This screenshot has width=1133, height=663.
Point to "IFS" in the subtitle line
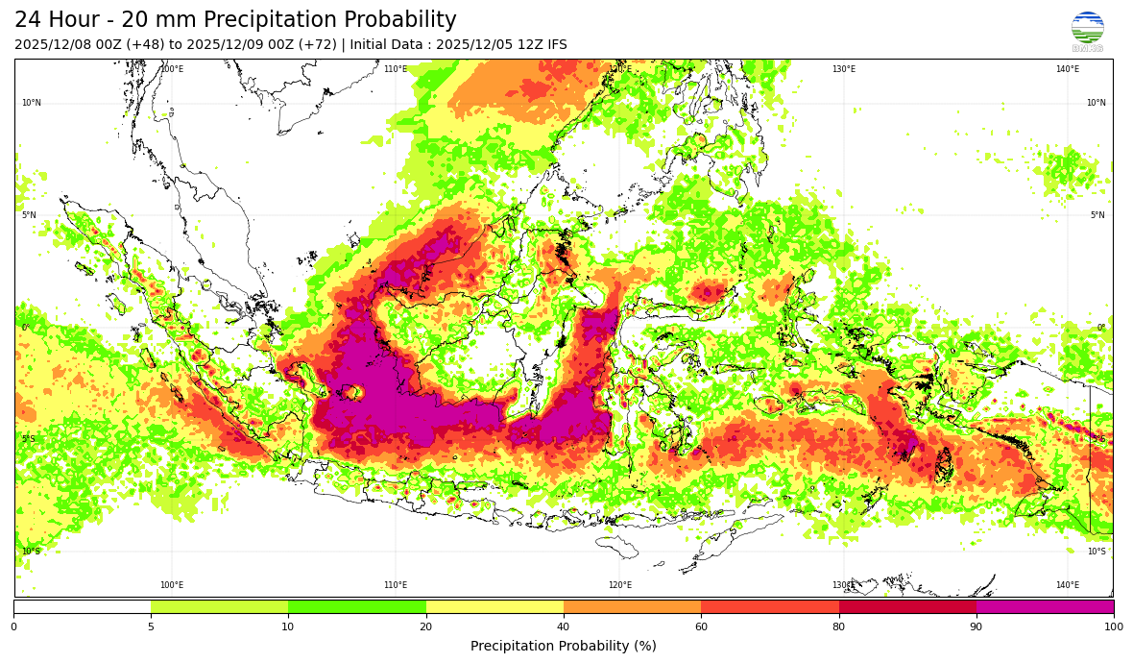555,45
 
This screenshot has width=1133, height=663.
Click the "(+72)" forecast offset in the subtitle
316,45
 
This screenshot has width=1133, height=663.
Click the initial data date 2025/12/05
472,45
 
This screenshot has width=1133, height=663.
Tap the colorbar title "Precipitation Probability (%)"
564,646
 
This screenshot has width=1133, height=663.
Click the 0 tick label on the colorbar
13,626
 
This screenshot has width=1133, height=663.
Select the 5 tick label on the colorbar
151,626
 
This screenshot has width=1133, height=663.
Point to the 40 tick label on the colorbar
564,626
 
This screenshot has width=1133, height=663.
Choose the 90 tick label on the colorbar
976,626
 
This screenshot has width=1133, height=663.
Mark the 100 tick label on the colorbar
1113,626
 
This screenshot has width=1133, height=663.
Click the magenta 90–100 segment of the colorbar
1045,606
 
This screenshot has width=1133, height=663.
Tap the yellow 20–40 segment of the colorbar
494,606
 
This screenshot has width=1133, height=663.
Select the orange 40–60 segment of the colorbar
632,606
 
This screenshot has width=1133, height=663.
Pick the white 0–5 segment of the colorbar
83,606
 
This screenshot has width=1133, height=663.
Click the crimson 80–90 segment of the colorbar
907,606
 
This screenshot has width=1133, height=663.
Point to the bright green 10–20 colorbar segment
357,606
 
